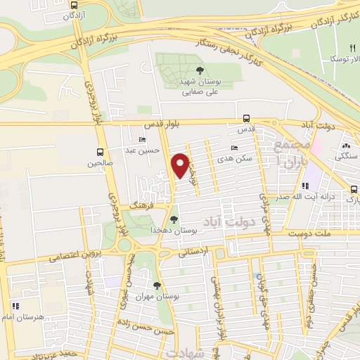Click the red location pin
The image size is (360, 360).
tap(181, 165)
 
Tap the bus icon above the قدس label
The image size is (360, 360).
tap(245, 119)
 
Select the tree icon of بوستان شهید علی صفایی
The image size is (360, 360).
tap(201, 69)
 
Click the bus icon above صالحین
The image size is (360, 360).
tap(100, 152)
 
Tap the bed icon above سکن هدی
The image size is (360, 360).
tap(234, 148)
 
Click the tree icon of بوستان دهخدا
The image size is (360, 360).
tap(174, 219)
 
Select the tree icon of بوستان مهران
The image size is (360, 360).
tap(157, 285)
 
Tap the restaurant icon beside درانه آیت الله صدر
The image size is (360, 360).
tap(305, 186)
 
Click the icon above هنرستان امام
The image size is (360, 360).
tap(15, 306)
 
